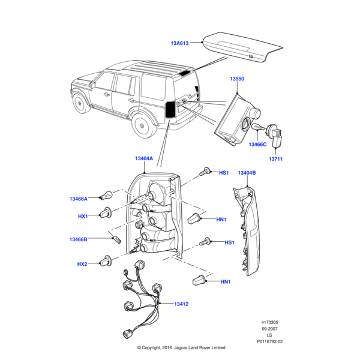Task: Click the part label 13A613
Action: tap(179, 43)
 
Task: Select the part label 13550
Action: tap(238, 79)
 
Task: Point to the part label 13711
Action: tap(276, 159)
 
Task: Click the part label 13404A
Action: tap(144, 158)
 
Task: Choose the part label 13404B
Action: tap(247, 173)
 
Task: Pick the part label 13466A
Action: tap(78, 199)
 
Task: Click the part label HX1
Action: tap(82, 216)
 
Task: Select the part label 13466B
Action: tap(78, 239)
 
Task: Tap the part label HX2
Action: tap(82, 264)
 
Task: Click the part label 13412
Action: tap(181, 304)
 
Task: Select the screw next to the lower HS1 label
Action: tap(208, 242)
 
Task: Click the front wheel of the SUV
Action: tap(80, 103)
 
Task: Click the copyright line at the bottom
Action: tap(181, 347)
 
